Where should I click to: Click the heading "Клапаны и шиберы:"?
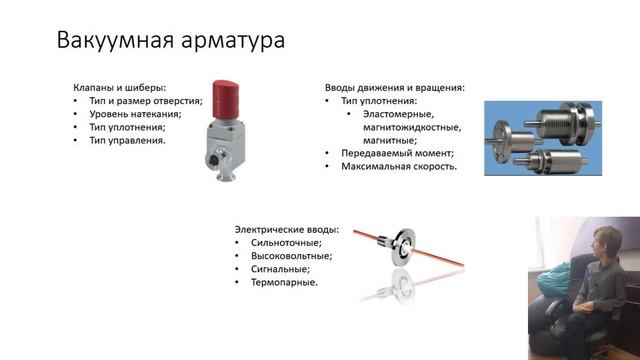point(119,87)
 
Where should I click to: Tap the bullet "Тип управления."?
point(127,140)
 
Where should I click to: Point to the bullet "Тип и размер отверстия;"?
point(145,101)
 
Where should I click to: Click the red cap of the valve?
point(229,99)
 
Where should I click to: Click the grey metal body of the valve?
point(228,141)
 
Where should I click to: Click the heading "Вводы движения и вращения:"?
point(394,87)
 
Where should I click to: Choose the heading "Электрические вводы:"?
point(287,229)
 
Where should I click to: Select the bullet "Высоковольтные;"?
point(290,256)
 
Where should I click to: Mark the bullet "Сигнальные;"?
point(279,269)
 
